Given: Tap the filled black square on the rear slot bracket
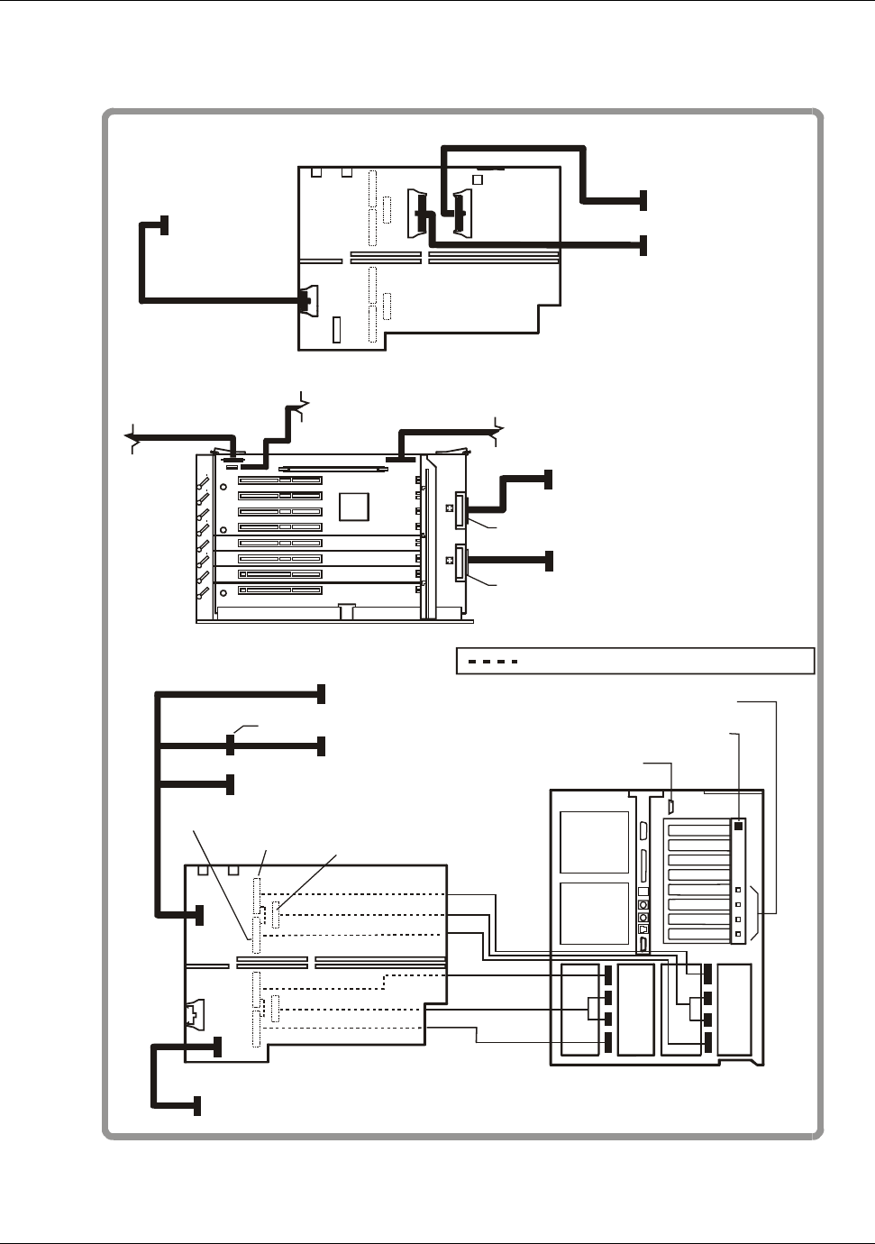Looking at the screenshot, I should (x=738, y=825).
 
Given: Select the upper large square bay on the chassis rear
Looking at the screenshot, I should (x=594, y=842).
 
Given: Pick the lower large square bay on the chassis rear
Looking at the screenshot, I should (x=594, y=914).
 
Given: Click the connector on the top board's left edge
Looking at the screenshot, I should (x=309, y=300).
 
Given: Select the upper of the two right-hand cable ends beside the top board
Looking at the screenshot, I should (x=643, y=200).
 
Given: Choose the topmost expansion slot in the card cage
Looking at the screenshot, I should (x=280, y=480).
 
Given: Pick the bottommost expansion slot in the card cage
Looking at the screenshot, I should (x=280, y=590).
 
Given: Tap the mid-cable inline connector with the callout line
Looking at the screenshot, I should (x=230, y=745).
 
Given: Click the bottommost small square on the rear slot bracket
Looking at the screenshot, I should (x=738, y=934).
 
